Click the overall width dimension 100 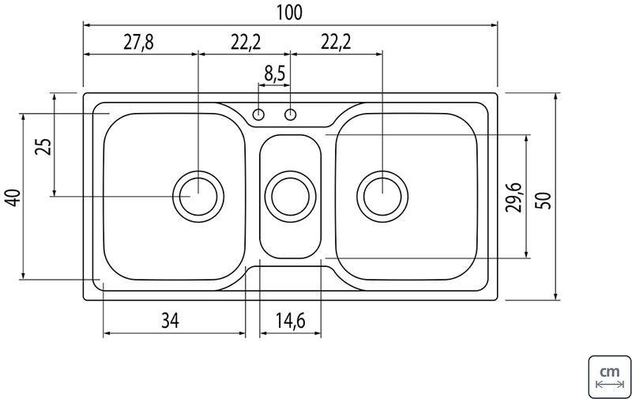289,13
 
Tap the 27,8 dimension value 138,42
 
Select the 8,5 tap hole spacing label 274,73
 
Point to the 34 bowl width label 170,321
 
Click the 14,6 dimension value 290,321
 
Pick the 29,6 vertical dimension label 514,197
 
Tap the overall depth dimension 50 544,201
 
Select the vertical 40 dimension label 14,198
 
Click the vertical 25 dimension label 43,147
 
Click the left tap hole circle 258,115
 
